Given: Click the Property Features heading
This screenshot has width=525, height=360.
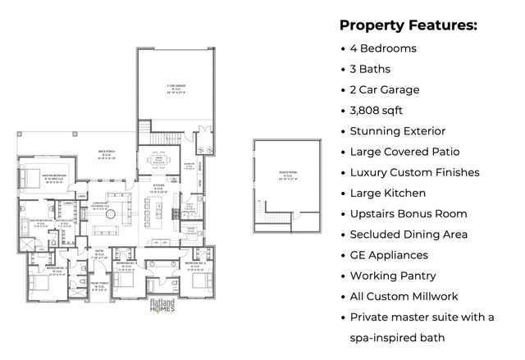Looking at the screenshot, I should pos(408,25).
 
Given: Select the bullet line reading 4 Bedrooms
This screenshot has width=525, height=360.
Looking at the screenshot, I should pos(383,48).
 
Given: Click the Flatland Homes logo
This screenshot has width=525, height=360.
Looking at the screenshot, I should pos(160,308).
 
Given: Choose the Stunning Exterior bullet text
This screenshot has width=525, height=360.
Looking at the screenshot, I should pos(397,130).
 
